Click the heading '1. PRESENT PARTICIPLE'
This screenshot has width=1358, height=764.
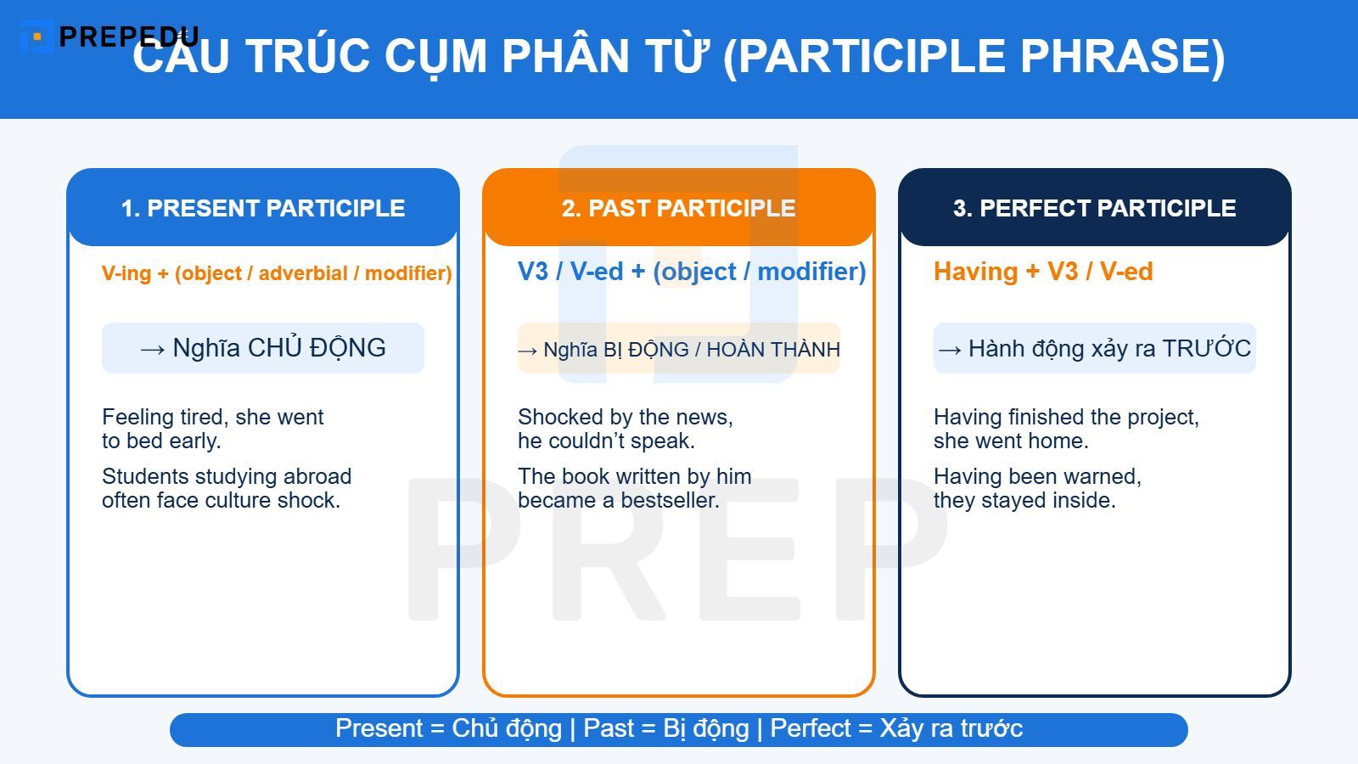[263, 208]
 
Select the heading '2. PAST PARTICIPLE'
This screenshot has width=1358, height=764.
[678, 208]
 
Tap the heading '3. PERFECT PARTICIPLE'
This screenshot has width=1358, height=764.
[1094, 208]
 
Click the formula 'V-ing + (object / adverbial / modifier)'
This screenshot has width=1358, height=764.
[277, 273]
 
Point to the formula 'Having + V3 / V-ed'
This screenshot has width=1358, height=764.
[1043, 272]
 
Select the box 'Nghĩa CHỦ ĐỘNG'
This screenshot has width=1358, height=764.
[263, 348]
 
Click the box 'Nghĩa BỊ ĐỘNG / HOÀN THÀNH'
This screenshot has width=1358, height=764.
[679, 349]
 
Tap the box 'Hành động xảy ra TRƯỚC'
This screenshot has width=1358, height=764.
[1094, 348]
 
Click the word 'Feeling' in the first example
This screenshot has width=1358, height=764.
[137, 417]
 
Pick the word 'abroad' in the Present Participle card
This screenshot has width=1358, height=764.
[317, 476]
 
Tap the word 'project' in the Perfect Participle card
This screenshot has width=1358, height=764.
[1159, 417]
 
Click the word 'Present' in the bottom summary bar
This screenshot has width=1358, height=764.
[379, 728]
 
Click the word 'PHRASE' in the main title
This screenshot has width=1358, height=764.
[1122, 56]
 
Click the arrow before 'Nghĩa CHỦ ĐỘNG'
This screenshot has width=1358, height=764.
[153, 349]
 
